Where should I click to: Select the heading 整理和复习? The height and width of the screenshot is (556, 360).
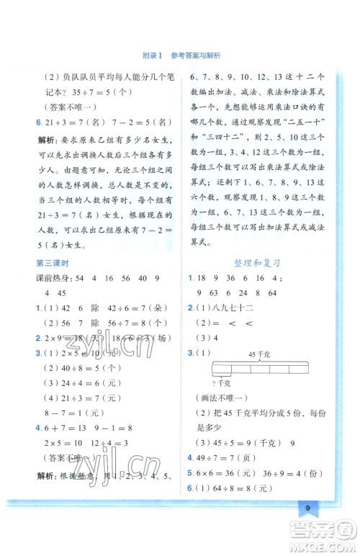[255, 264]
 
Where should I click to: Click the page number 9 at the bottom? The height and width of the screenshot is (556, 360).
[307, 508]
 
